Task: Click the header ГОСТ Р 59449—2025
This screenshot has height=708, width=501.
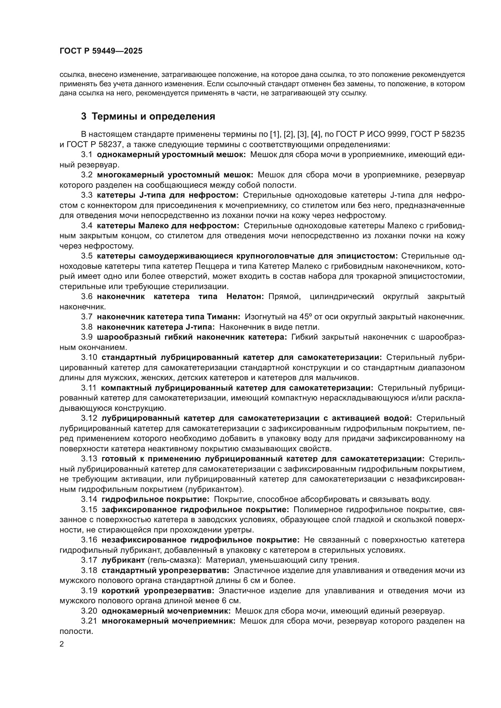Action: (101, 51)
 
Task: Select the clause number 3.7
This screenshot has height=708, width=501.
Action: (87, 317)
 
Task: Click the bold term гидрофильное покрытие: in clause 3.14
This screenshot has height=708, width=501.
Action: (155, 499)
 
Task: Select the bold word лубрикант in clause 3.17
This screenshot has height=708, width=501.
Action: (123, 560)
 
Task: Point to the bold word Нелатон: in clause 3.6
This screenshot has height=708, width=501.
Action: (245, 297)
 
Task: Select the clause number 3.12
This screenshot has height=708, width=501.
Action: (89, 418)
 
